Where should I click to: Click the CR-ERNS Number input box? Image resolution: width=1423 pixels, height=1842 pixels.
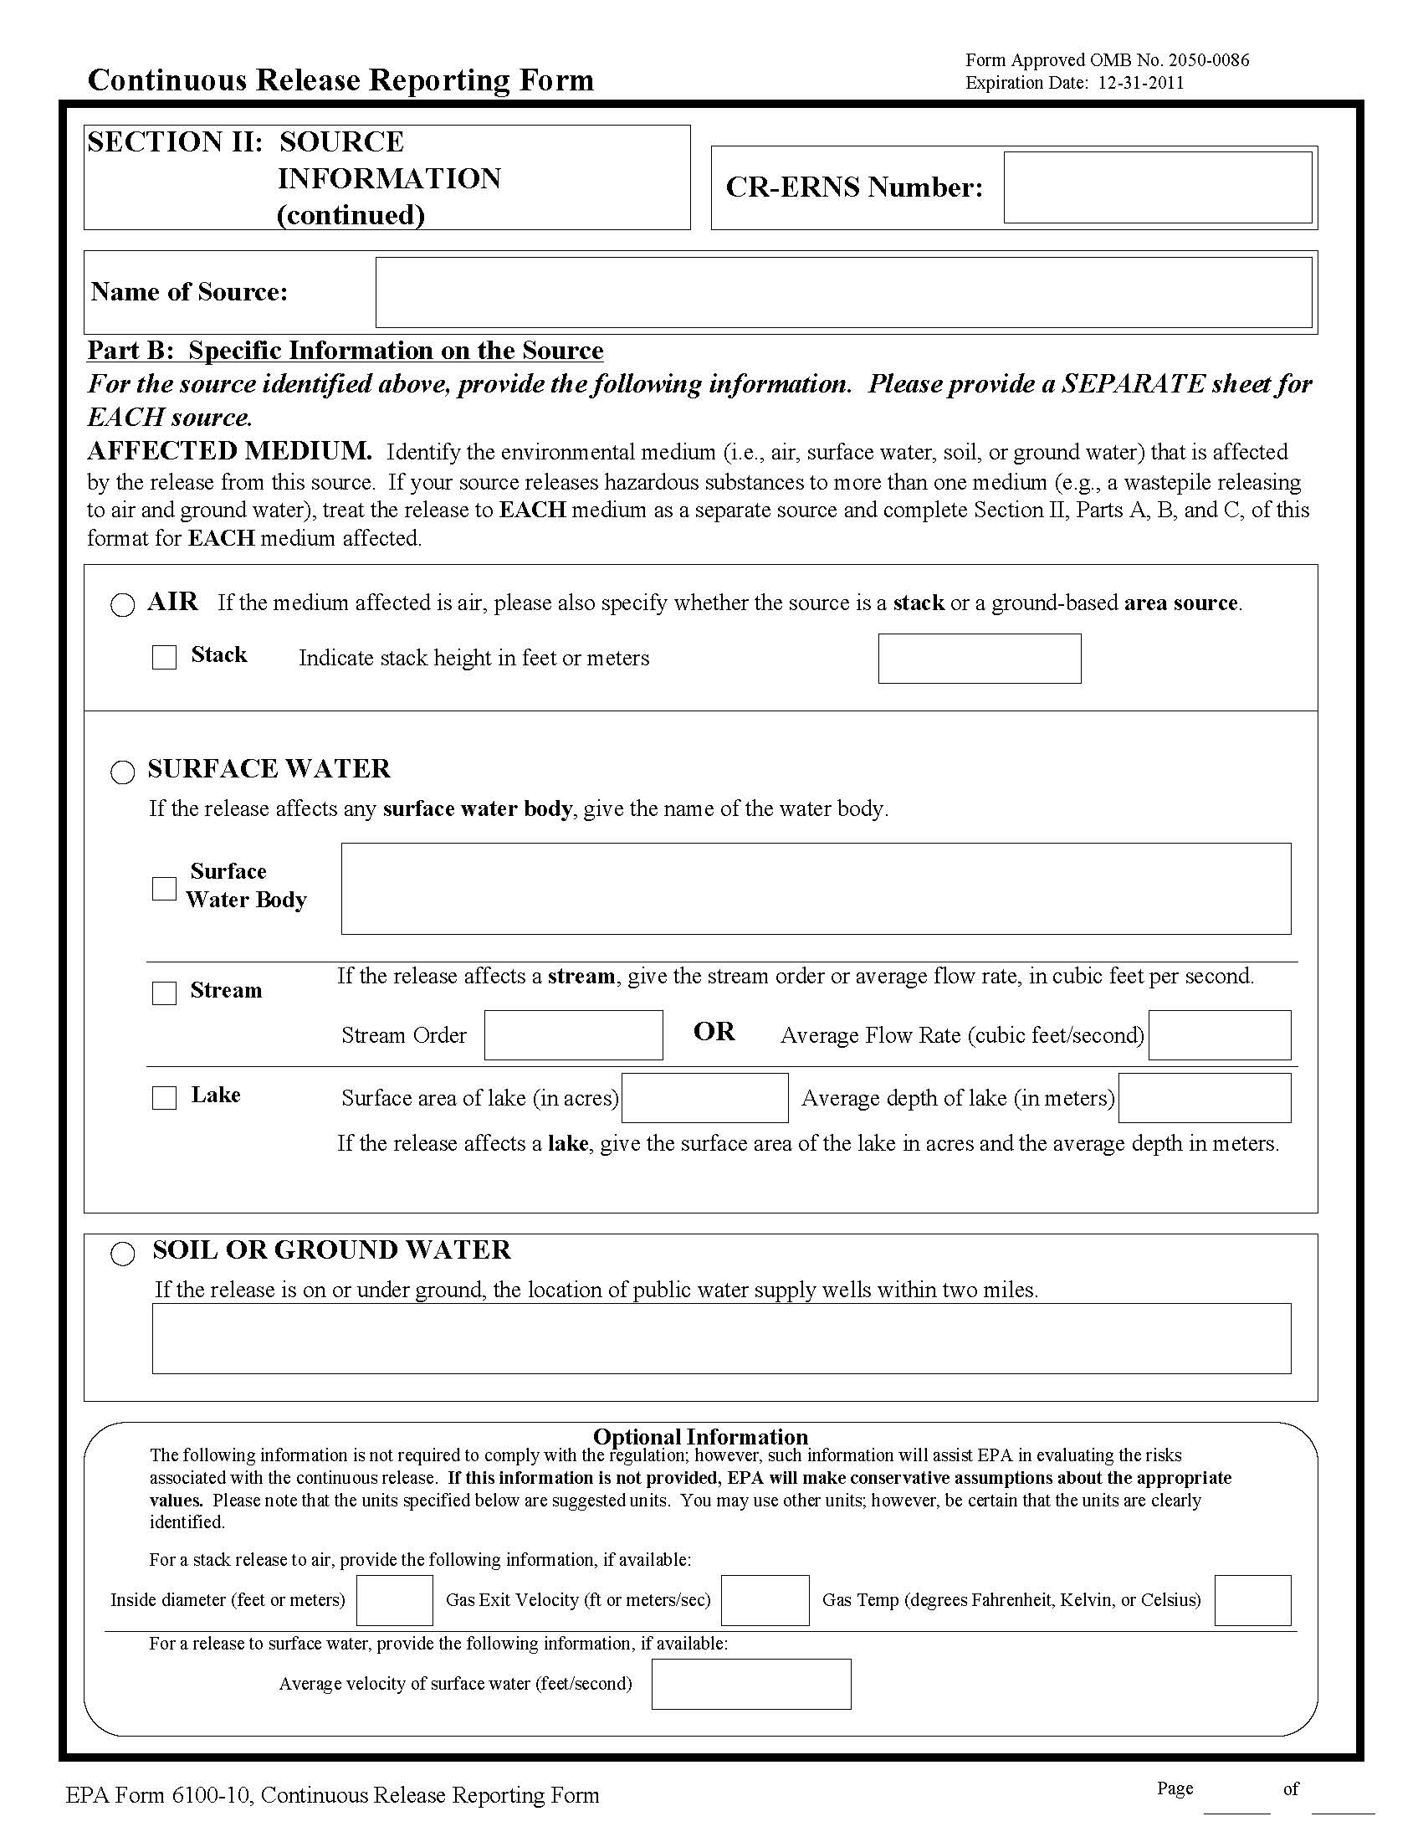click(1157, 187)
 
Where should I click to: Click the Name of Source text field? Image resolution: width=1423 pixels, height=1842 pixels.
click(843, 292)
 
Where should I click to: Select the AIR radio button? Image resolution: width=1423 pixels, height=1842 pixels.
click(123, 605)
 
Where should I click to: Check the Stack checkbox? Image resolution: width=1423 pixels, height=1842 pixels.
click(165, 657)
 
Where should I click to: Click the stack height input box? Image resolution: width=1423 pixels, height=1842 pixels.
click(979, 659)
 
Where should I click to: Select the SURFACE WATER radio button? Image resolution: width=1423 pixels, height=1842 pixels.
click(123, 772)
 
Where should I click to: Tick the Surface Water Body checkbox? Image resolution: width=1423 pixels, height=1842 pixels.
click(165, 888)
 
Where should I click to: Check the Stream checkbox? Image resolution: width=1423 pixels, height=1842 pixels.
click(165, 993)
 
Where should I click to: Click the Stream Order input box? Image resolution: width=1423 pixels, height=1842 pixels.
click(573, 1035)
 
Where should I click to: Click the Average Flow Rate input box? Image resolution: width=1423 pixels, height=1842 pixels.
click(1219, 1035)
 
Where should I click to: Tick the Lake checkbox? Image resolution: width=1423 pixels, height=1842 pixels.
click(165, 1097)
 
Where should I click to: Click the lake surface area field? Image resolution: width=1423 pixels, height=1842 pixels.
click(704, 1097)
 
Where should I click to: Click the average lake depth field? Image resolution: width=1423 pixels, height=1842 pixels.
click(1204, 1097)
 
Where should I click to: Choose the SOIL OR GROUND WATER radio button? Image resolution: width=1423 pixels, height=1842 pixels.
click(123, 1255)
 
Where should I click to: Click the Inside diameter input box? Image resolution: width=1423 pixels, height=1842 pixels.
click(395, 1600)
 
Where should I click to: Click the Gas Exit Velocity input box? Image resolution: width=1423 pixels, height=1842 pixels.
click(765, 1600)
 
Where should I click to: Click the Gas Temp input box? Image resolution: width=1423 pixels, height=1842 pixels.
click(1252, 1600)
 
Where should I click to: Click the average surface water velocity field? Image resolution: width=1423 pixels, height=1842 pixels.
click(751, 1685)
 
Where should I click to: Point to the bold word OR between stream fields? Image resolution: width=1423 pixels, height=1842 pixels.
click(714, 1032)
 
